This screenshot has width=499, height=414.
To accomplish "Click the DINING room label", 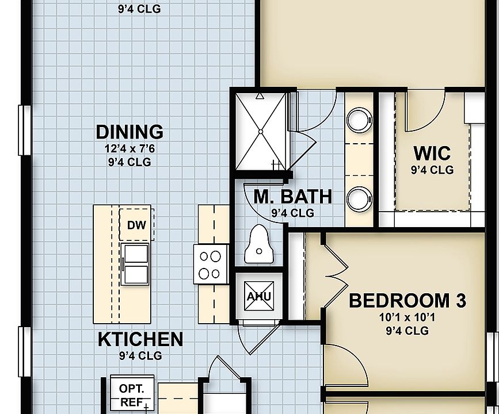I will pyautogui.click(x=129, y=132).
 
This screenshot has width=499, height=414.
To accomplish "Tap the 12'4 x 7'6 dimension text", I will pyautogui.click(x=129, y=148).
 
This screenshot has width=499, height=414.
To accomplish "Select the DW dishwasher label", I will pyautogui.click(x=136, y=225).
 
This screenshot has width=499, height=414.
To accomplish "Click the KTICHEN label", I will pyautogui.click(x=140, y=339).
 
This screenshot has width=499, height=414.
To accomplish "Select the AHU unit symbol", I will pyautogui.click(x=258, y=297).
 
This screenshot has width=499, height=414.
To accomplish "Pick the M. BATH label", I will pyautogui.click(x=293, y=197).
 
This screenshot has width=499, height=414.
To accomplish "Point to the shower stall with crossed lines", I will pyautogui.click(x=261, y=131).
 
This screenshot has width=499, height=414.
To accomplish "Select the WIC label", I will pyautogui.click(x=432, y=154).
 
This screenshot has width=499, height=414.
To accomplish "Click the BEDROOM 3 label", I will pyautogui.click(x=407, y=301).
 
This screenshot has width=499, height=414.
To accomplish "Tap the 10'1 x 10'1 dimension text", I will pyautogui.click(x=407, y=317).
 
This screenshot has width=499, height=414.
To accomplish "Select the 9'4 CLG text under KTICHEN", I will pyautogui.click(x=140, y=356).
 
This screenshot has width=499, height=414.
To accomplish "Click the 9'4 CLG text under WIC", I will pyautogui.click(x=432, y=170).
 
